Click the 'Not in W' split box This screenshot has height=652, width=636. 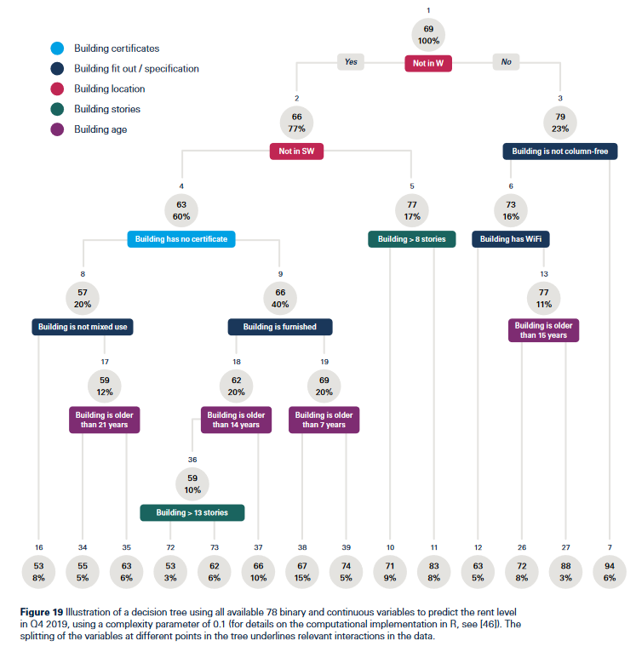pos(428,63)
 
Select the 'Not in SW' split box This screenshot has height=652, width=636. pos(296,151)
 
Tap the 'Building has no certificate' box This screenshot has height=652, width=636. pos(181,239)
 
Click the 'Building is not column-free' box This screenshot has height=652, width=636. pos(560,151)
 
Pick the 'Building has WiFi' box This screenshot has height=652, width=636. pos(510,239)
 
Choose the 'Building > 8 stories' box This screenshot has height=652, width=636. pos(411,239)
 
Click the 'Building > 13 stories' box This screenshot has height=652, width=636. pos(192,512)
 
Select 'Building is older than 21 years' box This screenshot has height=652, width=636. pos(104,420)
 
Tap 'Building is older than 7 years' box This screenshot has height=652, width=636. pos(324,420)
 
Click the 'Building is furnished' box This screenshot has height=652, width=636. pos(279,327)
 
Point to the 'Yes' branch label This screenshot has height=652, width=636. pos(351,62)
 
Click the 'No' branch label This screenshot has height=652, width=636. pos(506,62)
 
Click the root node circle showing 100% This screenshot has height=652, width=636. pos(428,35)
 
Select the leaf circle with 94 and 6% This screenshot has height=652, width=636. pos(610,572)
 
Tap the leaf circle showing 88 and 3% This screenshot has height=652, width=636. pos(565,572)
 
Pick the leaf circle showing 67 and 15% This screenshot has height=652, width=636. pos(302,572)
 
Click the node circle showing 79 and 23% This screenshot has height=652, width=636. pos(560,123)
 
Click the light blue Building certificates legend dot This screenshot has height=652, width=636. pos(57,49)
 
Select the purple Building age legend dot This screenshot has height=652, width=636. pos(57,129)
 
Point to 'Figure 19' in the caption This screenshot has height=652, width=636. pos(42,612)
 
